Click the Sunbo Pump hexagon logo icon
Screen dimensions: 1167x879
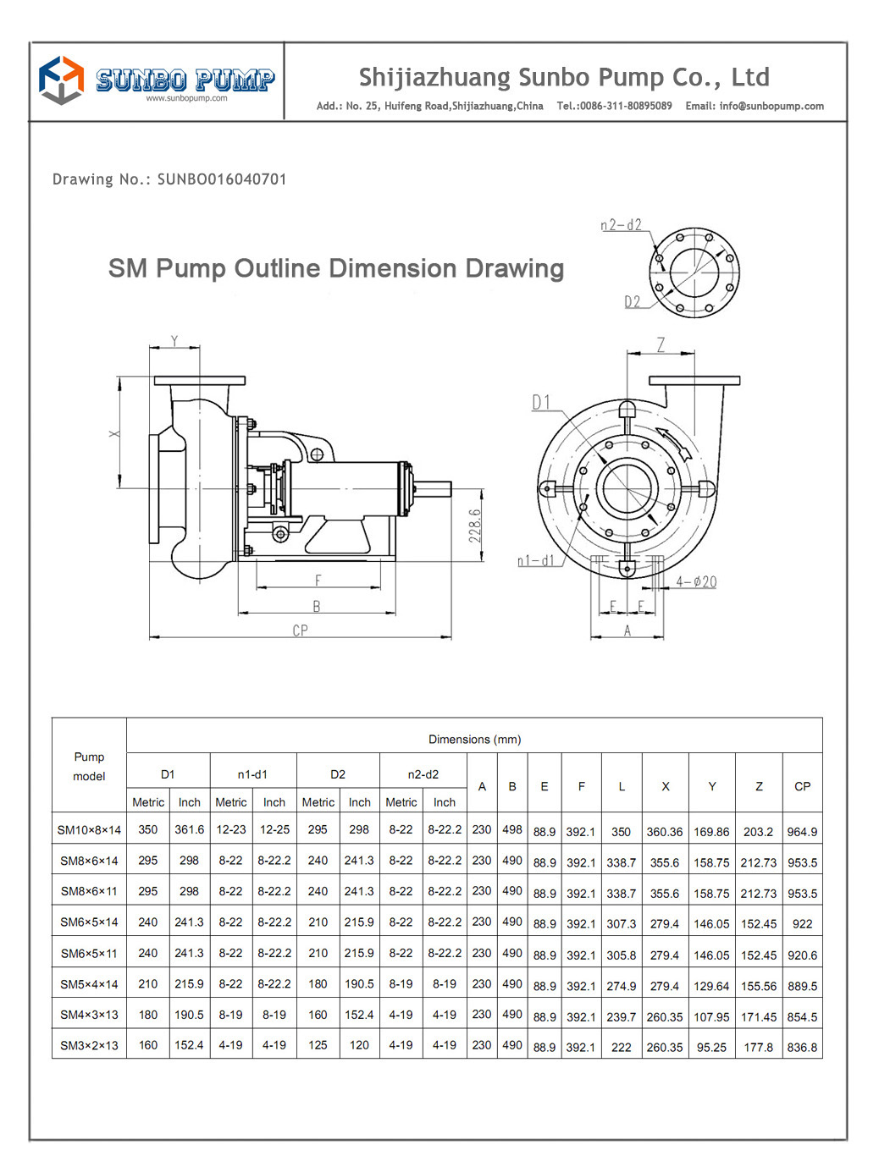61,80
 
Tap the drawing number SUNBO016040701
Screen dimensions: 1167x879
222,179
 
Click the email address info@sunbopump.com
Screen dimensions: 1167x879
771,107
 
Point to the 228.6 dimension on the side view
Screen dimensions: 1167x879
475,526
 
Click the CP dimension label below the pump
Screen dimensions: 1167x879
300,630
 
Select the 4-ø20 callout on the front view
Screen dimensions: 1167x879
696,582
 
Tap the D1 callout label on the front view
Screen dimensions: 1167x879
541,403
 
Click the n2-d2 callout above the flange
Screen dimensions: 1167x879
621,225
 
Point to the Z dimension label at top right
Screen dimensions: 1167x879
661,344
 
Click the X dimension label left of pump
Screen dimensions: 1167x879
114,433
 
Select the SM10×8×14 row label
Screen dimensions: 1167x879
89,830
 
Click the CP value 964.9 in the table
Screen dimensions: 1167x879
802,832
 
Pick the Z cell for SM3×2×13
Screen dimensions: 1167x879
758,1047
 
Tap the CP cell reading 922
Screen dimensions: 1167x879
802,924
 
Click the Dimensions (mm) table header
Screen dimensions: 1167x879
474,739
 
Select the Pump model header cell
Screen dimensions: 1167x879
89,766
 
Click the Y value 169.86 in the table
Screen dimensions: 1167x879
711,832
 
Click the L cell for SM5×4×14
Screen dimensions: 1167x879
621,986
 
